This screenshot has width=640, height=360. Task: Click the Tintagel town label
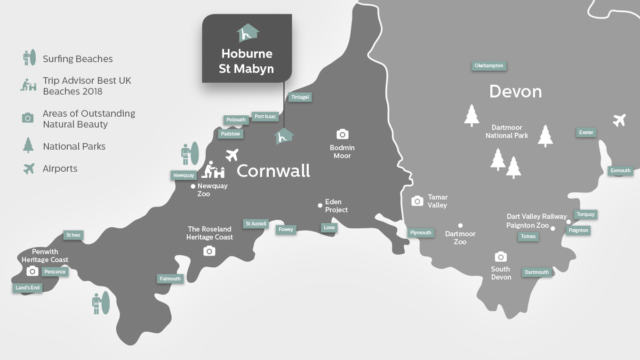(x=300, y=97)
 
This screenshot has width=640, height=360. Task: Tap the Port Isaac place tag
(x=265, y=116)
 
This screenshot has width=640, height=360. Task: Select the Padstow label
(x=231, y=134)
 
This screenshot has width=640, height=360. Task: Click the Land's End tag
(x=28, y=288)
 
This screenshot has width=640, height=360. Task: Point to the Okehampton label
(x=489, y=65)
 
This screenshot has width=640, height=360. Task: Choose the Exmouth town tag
(x=620, y=170)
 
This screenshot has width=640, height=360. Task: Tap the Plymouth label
(x=421, y=232)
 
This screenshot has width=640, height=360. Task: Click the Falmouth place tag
(x=170, y=279)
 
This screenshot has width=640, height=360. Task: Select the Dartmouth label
(x=536, y=272)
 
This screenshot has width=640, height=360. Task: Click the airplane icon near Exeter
(x=619, y=120)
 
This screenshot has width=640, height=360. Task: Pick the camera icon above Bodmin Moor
(x=342, y=134)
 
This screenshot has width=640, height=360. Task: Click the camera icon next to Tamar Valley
(x=417, y=201)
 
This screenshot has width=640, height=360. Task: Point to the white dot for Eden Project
(x=320, y=205)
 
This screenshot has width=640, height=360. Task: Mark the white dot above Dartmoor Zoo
(x=460, y=225)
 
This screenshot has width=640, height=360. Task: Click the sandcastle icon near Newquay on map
(x=213, y=170)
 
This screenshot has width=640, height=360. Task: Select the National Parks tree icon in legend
(x=28, y=145)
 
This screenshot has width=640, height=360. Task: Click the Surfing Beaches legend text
(x=78, y=59)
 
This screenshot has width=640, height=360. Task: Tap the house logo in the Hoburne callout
(x=248, y=33)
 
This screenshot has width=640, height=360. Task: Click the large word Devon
(x=515, y=91)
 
